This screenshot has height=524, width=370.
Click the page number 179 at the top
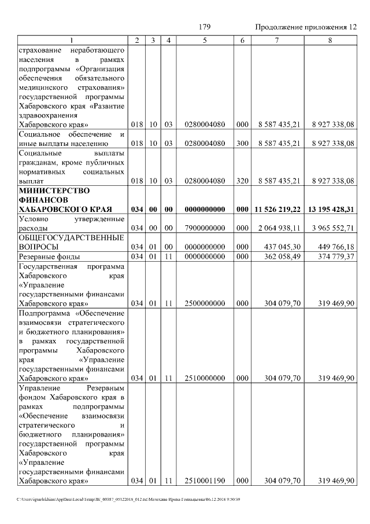click(203, 27)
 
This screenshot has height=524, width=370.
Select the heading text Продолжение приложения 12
click(305, 27)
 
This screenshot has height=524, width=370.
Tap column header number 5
click(205, 40)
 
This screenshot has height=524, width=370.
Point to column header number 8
click(330, 40)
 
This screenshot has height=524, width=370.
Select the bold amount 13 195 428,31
click(331, 209)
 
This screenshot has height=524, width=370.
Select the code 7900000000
click(205, 228)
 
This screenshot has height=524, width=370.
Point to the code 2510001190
click(205, 481)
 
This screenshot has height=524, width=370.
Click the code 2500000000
click(205, 303)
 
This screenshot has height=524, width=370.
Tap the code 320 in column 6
click(242, 181)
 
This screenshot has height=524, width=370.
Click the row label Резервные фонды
click(50, 256)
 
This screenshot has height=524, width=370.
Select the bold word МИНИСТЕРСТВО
click(51, 190)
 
